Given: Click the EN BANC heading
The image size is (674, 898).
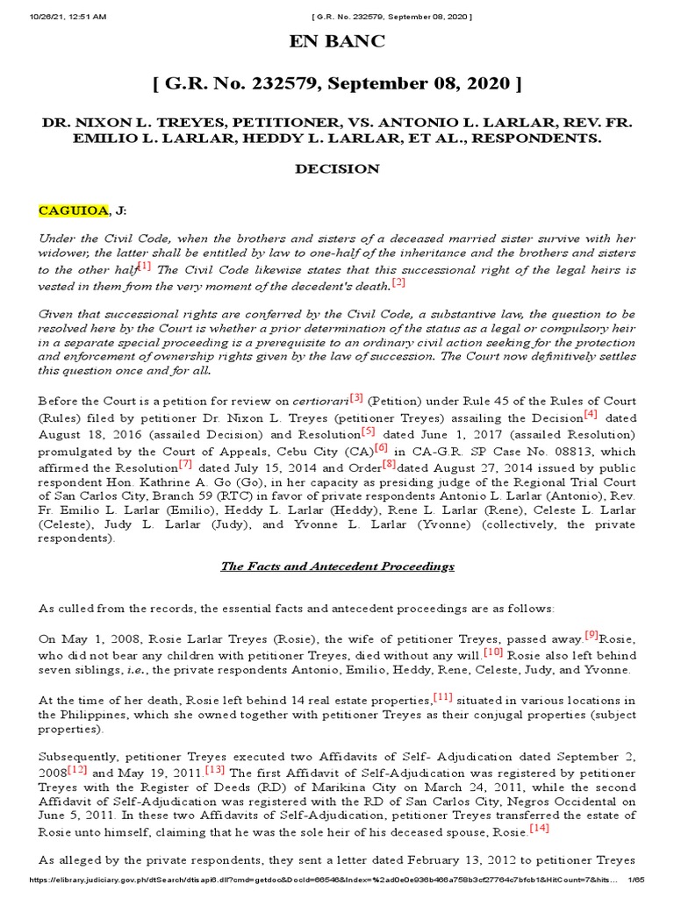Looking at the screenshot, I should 337,42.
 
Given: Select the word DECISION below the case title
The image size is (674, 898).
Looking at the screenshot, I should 337,168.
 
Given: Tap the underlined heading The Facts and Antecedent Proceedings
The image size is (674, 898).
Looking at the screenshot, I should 337,567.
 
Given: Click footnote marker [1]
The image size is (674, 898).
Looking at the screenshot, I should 144,266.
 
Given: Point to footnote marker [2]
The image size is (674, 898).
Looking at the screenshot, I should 398,282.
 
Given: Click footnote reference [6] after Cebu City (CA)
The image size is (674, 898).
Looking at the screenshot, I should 381,447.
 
